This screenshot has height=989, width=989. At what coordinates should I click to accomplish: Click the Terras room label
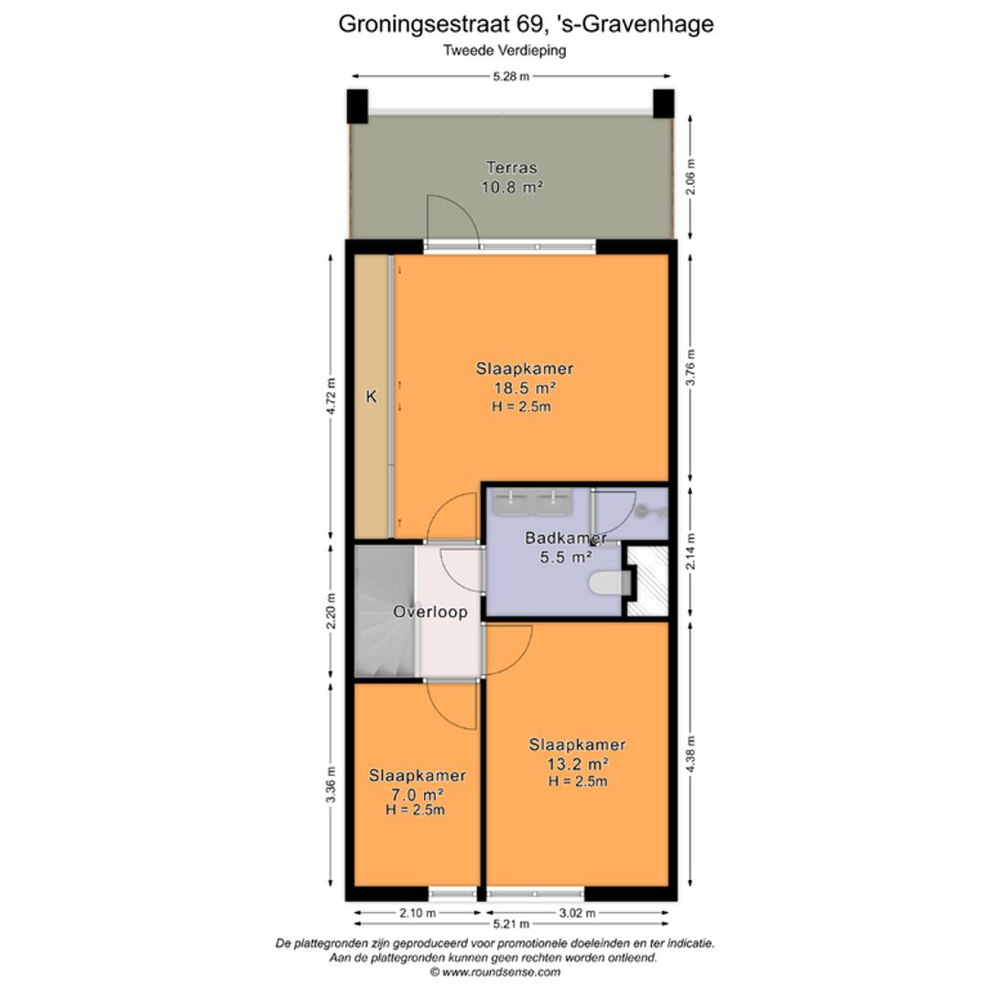511,168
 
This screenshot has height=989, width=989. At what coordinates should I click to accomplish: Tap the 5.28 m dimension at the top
511,77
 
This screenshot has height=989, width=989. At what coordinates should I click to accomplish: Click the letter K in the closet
372,397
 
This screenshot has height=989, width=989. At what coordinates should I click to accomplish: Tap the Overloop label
430,612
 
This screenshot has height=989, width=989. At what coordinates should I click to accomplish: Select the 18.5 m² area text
525,387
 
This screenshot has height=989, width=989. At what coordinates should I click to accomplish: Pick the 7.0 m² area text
417,794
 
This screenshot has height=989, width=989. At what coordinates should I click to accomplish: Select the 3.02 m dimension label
578,913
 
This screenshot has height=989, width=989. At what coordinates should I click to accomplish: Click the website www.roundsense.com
494,972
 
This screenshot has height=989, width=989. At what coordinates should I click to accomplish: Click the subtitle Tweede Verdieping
505,50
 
